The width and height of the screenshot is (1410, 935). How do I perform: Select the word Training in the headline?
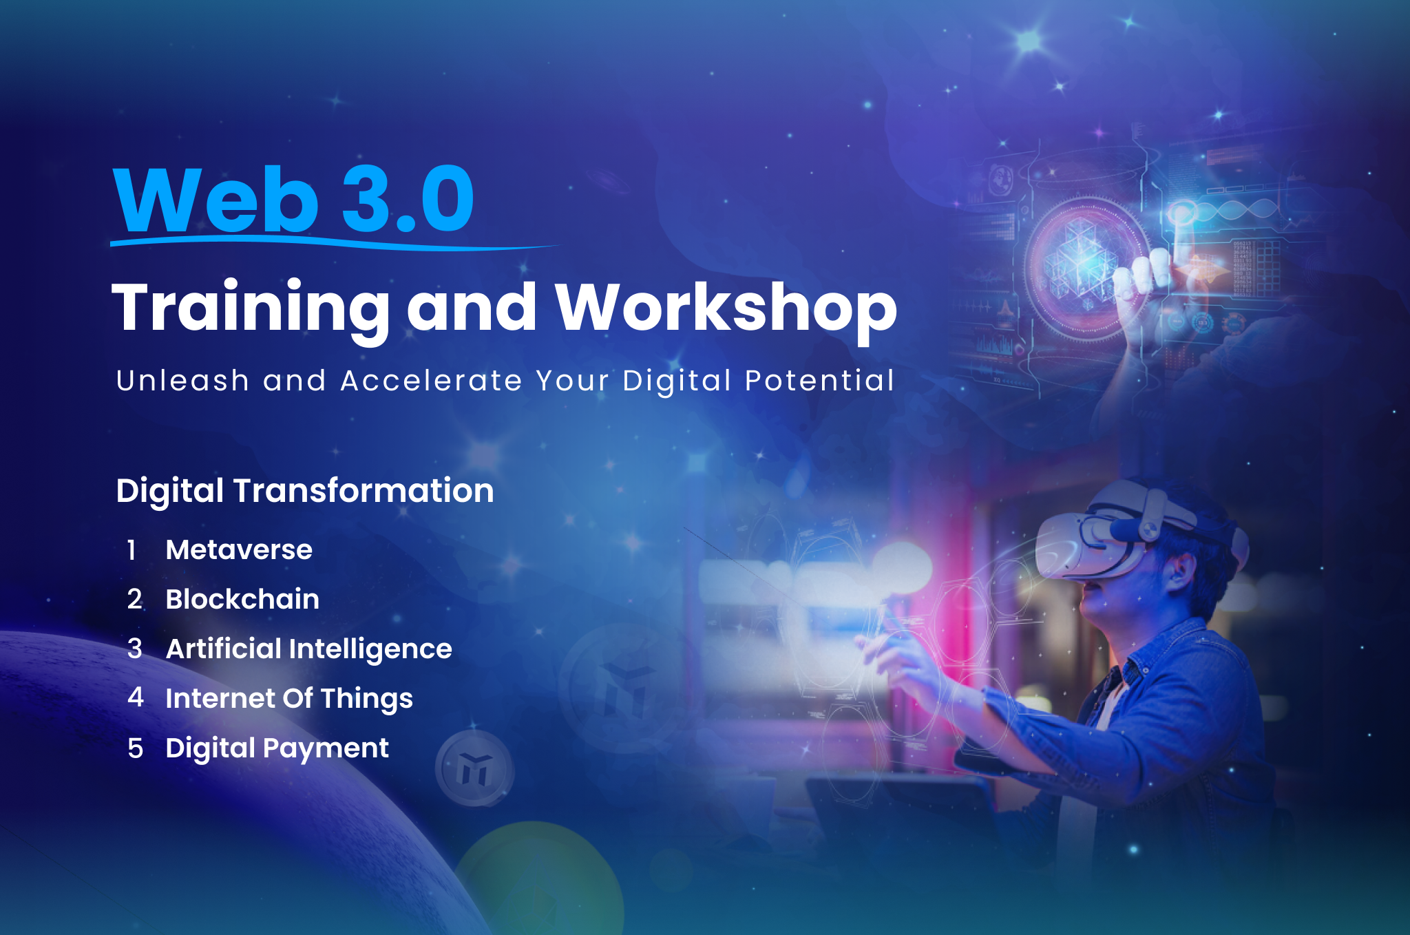(x=251, y=310)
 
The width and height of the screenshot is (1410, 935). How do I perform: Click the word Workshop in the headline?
(x=726, y=310)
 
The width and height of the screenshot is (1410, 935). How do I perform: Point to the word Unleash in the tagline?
(x=182, y=381)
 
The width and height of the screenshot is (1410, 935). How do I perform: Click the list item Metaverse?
(x=239, y=550)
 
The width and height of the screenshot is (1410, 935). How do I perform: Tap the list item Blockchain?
(x=242, y=599)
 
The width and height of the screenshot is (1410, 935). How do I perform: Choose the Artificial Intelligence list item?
(x=308, y=649)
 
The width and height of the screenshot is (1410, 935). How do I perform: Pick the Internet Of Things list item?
(x=289, y=699)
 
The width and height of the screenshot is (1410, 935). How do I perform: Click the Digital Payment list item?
(x=277, y=748)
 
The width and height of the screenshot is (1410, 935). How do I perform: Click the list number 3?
(x=135, y=649)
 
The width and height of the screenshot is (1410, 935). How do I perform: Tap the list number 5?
(x=135, y=748)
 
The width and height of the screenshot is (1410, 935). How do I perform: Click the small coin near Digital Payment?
(x=474, y=768)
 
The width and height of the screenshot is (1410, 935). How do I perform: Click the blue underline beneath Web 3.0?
(x=334, y=242)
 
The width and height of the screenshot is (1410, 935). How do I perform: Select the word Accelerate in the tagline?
(x=431, y=381)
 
